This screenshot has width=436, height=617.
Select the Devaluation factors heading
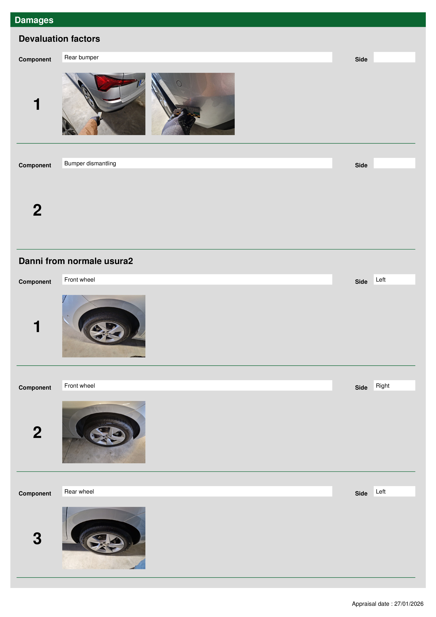coord(59,39)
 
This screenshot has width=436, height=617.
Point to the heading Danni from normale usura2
coord(76,261)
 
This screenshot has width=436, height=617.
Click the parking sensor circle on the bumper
coord(179,84)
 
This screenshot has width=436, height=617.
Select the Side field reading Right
coord(394,385)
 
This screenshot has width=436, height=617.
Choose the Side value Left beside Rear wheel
coord(394,491)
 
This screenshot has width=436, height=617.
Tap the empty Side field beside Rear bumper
coord(394,57)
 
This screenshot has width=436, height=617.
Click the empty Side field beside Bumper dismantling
coord(394,163)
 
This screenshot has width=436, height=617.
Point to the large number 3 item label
coord(37,539)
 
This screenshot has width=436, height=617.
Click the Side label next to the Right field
coord(361,387)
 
